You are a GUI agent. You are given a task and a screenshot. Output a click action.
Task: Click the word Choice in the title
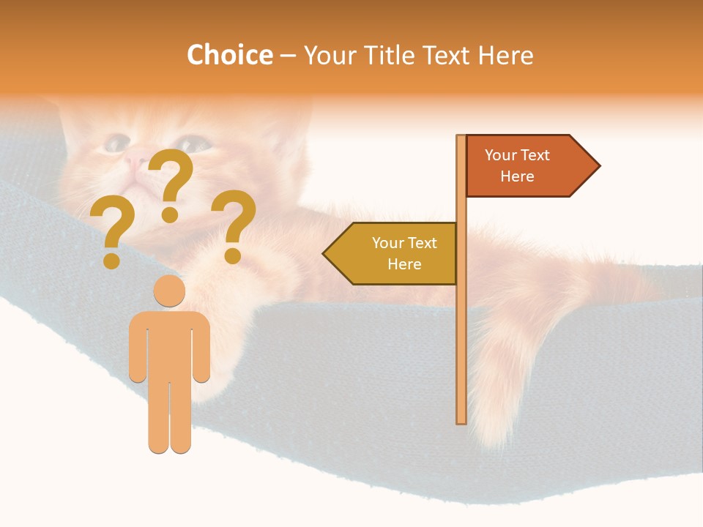click(x=229, y=55)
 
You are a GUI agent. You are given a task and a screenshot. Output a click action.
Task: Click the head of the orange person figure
click(x=169, y=291)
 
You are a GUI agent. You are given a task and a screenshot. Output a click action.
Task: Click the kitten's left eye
click(x=115, y=143)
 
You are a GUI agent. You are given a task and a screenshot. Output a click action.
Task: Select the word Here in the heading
click(x=506, y=55)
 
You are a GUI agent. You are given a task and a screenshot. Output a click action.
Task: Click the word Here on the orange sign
click(x=517, y=176)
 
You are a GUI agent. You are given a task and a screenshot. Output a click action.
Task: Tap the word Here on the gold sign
click(x=404, y=264)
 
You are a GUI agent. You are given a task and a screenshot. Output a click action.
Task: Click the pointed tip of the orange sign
click(x=598, y=166)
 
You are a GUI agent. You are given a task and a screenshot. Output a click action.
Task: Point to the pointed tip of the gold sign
click(x=324, y=254)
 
